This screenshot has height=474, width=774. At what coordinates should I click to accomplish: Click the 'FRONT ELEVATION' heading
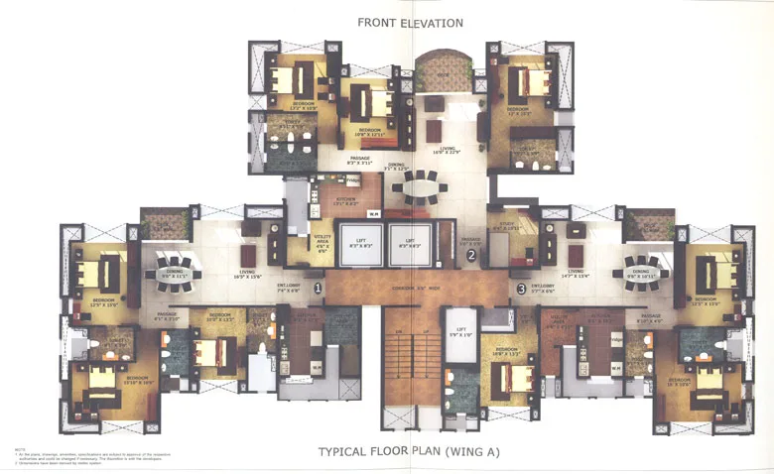pos(409,22)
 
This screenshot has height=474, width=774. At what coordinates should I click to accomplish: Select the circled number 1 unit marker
pos(318,289)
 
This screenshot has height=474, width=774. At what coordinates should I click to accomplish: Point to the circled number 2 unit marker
pos(471,255)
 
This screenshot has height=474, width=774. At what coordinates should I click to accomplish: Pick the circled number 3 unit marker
pos(521,290)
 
